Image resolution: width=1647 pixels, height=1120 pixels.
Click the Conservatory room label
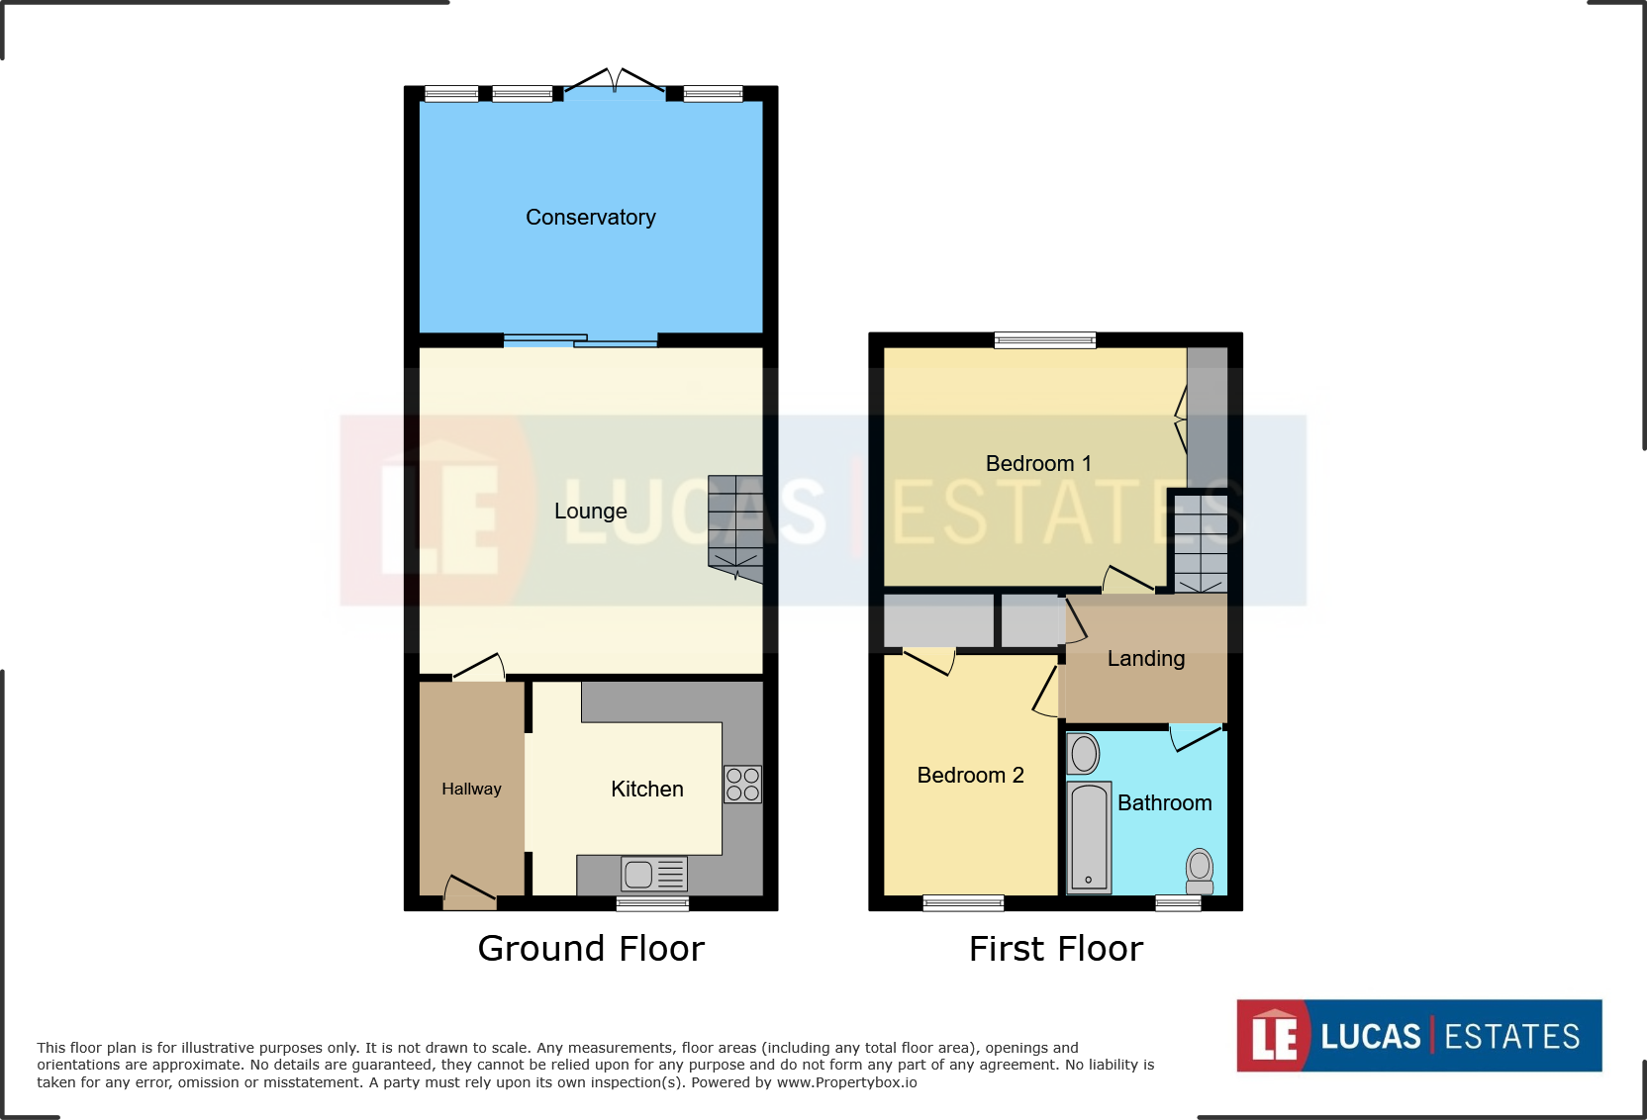point(590,217)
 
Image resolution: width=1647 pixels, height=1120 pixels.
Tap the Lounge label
point(590,511)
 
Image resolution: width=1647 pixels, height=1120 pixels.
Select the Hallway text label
point(471,789)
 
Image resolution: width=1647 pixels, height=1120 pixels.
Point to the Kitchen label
point(646,789)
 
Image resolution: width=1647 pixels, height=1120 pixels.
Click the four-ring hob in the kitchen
point(742,784)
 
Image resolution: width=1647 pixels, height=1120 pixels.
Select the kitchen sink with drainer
point(653,874)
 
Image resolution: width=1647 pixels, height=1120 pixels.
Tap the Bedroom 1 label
point(1038,463)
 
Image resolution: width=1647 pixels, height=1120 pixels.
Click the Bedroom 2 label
point(970,775)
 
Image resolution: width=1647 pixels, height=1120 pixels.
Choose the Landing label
point(1145,658)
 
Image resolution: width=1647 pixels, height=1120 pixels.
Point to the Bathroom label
point(1164,802)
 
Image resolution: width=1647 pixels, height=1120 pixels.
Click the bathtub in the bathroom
point(1089,837)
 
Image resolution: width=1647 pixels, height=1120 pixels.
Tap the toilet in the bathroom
point(1200,870)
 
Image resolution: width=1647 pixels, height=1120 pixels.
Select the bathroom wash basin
point(1084,754)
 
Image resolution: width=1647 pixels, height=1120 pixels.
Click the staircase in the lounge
point(735,527)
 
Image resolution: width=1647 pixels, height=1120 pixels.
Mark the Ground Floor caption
point(591,948)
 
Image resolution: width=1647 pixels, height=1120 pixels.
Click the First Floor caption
point(1056,948)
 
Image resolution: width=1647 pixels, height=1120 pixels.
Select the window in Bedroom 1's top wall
point(1045,340)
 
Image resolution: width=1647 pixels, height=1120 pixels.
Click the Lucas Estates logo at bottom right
point(1418,1035)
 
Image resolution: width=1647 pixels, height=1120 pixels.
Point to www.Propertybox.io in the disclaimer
point(846,1082)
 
